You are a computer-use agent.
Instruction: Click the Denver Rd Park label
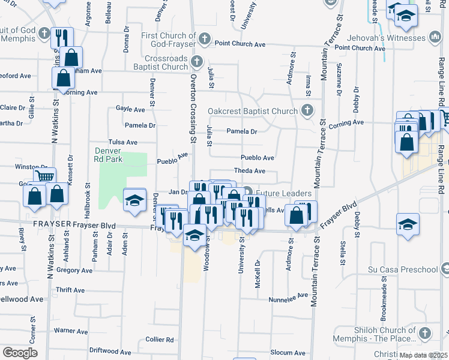tap(109, 155)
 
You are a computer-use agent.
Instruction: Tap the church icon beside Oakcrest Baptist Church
tap(307, 110)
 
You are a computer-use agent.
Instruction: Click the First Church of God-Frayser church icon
tap(204, 40)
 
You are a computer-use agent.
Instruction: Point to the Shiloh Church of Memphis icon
tap(426, 333)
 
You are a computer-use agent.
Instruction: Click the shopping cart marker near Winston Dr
tap(44, 176)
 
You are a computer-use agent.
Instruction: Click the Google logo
tap(20, 352)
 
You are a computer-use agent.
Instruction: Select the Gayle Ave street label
tap(130, 109)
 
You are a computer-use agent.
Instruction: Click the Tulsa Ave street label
tap(122, 142)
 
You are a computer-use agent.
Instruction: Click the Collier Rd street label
tap(160, 340)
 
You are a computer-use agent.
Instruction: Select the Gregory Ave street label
tap(74, 271)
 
